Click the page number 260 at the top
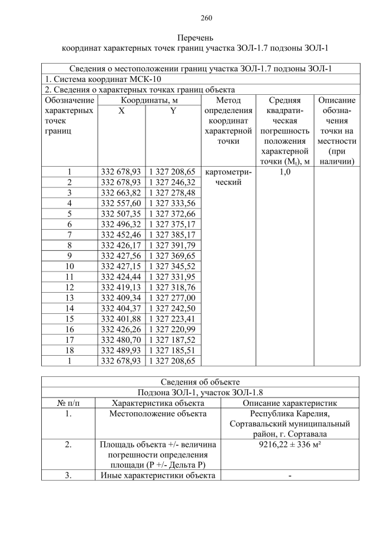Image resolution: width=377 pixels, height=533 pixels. (189, 17)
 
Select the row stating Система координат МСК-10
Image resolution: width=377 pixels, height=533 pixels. (103, 80)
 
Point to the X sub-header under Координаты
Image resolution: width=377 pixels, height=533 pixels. (121, 111)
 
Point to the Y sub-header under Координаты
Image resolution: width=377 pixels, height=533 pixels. (173, 111)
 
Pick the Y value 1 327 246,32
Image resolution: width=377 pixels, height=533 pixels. (173, 182)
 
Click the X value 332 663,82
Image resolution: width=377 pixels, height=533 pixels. (121, 193)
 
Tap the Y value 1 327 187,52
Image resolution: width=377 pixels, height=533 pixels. (173, 340)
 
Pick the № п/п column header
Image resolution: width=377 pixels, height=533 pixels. (68, 403)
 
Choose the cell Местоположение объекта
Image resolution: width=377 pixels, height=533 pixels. (158, 414)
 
